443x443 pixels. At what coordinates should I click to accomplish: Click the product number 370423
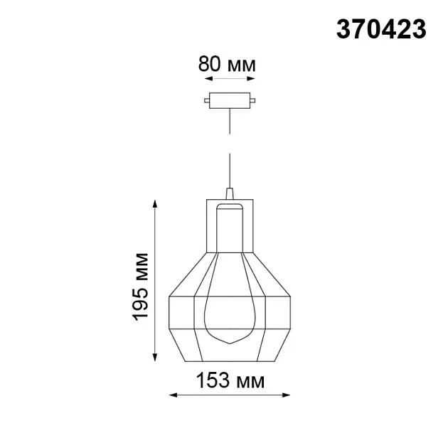point(381,29)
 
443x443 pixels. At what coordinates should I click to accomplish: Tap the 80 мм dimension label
point(227,64)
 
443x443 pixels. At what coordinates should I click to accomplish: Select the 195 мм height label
point(140,287)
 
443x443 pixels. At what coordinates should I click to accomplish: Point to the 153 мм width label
point(230,380)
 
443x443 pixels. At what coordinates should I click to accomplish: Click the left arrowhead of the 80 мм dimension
point(208,78)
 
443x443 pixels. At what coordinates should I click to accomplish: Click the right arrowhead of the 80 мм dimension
point(251,78)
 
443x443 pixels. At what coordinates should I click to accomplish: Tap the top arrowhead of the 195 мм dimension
point(154,203)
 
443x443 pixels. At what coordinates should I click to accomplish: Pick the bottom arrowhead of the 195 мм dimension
point(154,357)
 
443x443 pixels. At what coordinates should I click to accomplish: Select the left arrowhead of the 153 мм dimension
point(173,395)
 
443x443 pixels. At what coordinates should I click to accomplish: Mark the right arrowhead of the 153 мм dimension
point(286,395)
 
